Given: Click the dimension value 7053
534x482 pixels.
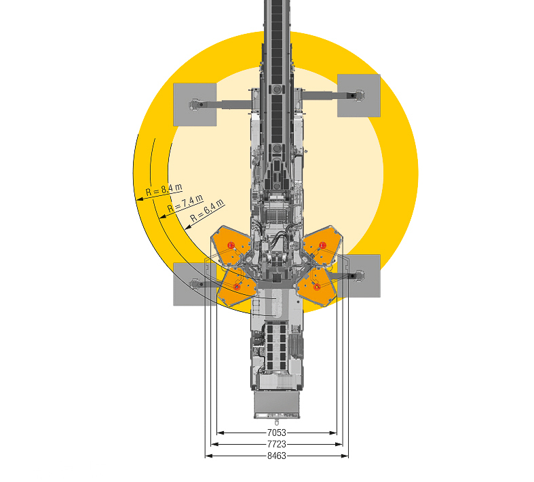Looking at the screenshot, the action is (x=277, y=433).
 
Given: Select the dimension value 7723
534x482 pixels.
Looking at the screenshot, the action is (x=277, y=444).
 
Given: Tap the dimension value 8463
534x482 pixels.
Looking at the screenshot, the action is (x=277, y=456).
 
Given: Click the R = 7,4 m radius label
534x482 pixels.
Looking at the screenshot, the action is (x=186, y=203).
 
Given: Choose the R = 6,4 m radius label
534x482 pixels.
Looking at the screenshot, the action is (x=207, y=210).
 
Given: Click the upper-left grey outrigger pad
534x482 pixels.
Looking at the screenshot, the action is (x=195, y=104).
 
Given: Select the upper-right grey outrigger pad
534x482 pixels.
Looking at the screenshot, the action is (x=359, y=96).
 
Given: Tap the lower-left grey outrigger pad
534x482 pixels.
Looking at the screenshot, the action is (x=195, y=284).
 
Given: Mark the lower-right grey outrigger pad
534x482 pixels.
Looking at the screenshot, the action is (x=359, y=276).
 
